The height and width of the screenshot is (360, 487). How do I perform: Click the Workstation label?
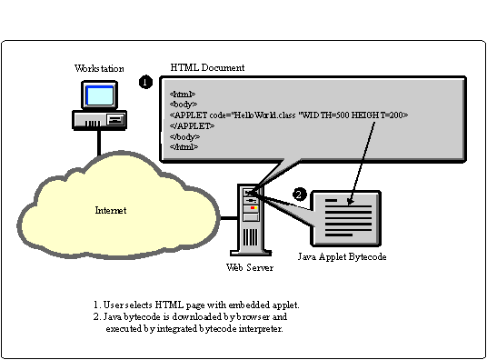(99, 68)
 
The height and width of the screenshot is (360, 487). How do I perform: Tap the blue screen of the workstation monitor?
(100, 95)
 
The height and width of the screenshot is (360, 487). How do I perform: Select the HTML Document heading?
(207, 67)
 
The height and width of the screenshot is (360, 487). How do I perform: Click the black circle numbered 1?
(145, 82)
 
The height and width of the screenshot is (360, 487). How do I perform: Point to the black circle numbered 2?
(300, 195)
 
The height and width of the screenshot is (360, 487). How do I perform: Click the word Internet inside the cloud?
(111, 210)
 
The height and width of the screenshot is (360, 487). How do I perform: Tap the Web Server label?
(250, 267)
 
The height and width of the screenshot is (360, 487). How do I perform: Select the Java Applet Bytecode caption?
(342, 256)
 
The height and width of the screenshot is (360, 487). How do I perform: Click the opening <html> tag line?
(183, 94)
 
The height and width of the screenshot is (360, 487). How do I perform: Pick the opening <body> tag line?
(184, 105)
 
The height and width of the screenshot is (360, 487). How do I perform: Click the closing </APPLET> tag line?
(192, 125)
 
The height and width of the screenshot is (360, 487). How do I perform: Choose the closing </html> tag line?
(184, 146)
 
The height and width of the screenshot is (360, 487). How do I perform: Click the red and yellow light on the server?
(253, 207)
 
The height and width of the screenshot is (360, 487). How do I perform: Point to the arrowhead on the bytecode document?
(350, 202)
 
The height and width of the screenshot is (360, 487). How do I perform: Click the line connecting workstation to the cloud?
(99, 143)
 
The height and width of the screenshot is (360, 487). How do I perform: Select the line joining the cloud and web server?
(229, 218)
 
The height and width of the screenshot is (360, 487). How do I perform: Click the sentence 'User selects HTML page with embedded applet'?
(201, 305)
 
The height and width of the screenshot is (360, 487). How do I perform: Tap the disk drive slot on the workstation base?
(116, 119)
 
